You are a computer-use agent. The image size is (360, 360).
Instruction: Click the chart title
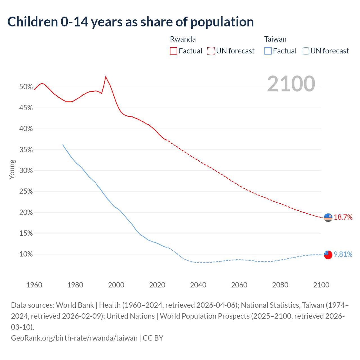[130, 22]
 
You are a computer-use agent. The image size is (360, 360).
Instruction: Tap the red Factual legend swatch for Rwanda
[174, 51]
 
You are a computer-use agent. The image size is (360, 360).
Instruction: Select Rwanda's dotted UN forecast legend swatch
[211, 51]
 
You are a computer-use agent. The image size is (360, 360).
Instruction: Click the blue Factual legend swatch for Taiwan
[268, 51]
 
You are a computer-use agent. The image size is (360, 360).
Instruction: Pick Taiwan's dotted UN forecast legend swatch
[305, 51]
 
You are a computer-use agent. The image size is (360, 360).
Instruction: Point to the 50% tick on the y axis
[26, 87]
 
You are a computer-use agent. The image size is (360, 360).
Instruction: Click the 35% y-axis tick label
[26, 150]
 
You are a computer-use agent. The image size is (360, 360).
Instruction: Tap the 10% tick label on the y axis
[26, 254]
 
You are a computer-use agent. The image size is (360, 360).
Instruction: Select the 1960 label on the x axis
[34, 285]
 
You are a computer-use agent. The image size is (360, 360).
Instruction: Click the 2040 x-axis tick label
[198, 285]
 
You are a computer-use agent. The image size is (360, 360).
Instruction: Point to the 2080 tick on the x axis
[280, 285]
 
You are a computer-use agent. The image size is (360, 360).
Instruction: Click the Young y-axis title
[12, 169]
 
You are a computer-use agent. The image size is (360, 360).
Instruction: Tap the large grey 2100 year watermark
[291, 84]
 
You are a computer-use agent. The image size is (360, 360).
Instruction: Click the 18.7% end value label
[343, 217]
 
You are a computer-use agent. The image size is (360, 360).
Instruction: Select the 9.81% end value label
[343, 254]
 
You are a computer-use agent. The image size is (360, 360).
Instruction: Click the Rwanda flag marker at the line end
[328, 218]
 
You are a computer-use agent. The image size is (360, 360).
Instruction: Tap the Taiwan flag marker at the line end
[328, 255]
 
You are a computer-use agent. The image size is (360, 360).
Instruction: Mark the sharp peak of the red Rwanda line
[105, 76]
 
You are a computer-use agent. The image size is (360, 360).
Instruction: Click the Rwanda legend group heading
[183, 39]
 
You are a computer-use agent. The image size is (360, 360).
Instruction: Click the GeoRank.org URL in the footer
[74, 338]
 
